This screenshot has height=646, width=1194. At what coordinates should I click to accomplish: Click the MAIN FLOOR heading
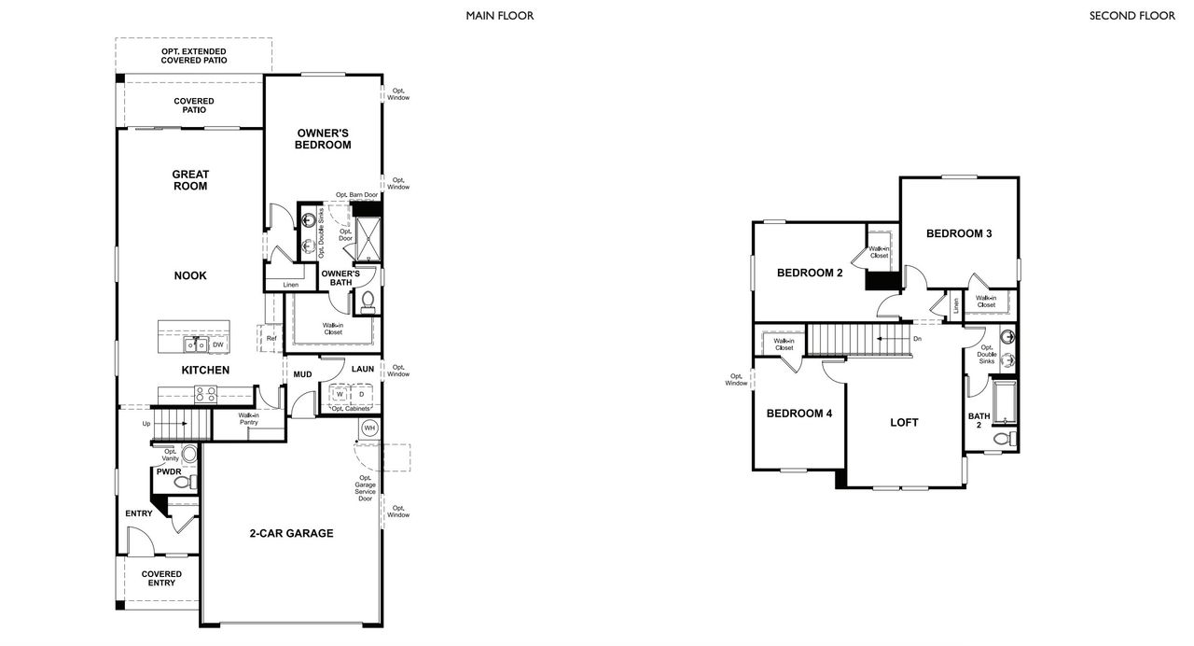[x=500, y=16]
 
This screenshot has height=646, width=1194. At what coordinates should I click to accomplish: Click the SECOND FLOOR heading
[x=1132, y=16]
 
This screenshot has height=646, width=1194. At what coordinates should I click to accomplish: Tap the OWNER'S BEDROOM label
[x=323, y=139]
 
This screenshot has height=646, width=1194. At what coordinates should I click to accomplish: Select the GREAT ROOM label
[x=190, y=180]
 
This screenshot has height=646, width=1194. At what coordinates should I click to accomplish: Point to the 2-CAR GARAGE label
[x=291, y=534]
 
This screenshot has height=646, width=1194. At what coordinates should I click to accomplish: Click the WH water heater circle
[x=369, y=428]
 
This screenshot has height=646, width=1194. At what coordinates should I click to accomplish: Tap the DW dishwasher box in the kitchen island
[x=217, y=345]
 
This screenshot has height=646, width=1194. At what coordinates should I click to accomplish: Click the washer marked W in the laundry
[x=340, y=395]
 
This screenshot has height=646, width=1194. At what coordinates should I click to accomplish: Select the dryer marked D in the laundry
[x=361, y=395]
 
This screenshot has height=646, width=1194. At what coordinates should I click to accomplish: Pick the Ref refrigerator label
[x=271, y=339]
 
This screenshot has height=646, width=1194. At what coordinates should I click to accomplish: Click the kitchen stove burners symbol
[x=205, y=395]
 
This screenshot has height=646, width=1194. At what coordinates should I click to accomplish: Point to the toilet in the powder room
[x=184, y=482]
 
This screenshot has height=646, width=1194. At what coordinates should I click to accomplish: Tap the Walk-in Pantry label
[x=248, y=419]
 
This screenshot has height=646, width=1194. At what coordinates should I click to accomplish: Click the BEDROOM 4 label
[x=798, y=414]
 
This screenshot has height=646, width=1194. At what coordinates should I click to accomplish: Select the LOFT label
[x=904, y=423]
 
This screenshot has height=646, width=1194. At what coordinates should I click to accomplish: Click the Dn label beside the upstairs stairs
[x=918, y=339]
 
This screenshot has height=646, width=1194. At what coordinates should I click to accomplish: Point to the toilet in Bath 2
[x=1003, y=438]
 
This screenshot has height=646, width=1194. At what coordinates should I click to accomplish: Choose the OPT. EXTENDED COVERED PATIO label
[x=194, y=56]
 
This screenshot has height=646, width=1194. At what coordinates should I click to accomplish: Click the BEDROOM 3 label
[x=958, y=233]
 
